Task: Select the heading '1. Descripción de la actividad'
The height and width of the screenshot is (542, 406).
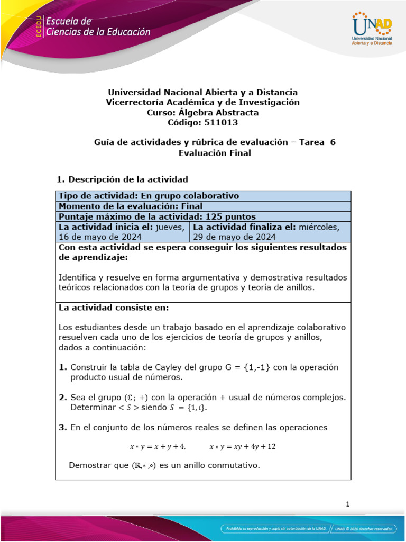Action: [122, 179]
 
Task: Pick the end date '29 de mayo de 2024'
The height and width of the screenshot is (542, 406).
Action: [235, 237]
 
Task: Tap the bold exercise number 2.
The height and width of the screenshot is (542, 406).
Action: [62, 397]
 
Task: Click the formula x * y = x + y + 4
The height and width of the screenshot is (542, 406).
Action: [158, 447]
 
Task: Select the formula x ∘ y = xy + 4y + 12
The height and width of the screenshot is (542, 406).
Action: [243, 447]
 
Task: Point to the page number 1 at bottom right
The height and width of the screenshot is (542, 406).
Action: [348, 504]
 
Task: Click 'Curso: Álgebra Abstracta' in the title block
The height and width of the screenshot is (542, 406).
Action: [202, 112]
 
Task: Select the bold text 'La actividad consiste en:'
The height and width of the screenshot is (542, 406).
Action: [114, 308]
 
